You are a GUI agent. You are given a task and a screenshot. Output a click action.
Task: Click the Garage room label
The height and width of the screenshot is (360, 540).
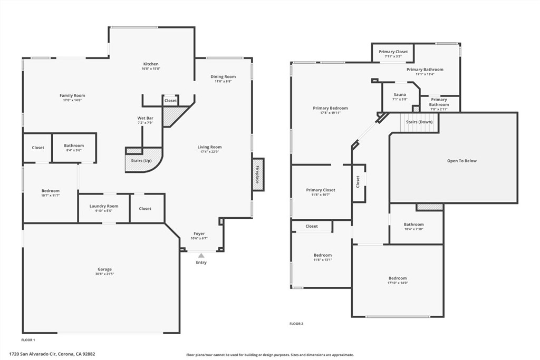point(104,269)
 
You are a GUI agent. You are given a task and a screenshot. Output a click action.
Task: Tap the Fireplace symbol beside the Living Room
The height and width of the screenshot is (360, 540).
point(258,174)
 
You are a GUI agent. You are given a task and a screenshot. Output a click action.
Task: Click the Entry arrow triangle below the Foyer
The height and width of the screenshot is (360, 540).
point(201,255)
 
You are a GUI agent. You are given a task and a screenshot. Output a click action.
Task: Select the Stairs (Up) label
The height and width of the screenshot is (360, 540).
point(141,161)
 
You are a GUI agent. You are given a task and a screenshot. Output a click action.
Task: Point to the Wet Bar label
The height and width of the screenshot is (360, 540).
point(146,118)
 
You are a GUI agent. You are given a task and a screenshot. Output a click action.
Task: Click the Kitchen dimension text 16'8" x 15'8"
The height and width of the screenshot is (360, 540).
point(151,69)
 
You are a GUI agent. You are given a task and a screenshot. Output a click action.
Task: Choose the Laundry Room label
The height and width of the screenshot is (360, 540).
point(104,206)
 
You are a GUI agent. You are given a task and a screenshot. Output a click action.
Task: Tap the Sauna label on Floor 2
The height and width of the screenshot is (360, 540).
point(400,95)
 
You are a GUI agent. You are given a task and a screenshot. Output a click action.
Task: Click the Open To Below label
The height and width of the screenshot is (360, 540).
point(462,161)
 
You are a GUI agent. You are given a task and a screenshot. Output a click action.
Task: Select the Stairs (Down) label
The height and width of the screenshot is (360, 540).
point(419,122)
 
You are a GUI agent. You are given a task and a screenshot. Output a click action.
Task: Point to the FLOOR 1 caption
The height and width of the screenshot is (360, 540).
point(28,340)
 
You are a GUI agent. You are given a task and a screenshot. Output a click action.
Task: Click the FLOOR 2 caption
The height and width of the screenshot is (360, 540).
point(296,324)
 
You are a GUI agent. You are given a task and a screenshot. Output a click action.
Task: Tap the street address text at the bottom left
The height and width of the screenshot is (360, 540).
point(52,354)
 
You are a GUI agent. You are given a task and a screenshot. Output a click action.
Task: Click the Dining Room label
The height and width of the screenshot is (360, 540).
point(223,77)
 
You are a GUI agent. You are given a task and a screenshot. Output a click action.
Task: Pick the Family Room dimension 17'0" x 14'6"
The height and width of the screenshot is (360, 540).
point(72,100)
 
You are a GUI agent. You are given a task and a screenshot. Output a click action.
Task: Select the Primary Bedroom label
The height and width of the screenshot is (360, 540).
point(330,108)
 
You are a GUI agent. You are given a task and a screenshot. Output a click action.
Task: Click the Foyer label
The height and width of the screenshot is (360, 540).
point(199,233)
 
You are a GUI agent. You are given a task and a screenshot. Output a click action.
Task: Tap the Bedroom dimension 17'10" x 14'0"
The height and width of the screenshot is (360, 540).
point(398,283)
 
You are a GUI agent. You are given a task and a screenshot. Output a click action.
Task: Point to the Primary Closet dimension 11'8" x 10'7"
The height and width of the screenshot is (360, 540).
point(321,194)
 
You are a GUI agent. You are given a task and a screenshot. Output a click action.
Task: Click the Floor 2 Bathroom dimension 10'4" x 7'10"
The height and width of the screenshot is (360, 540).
point(413,229)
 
